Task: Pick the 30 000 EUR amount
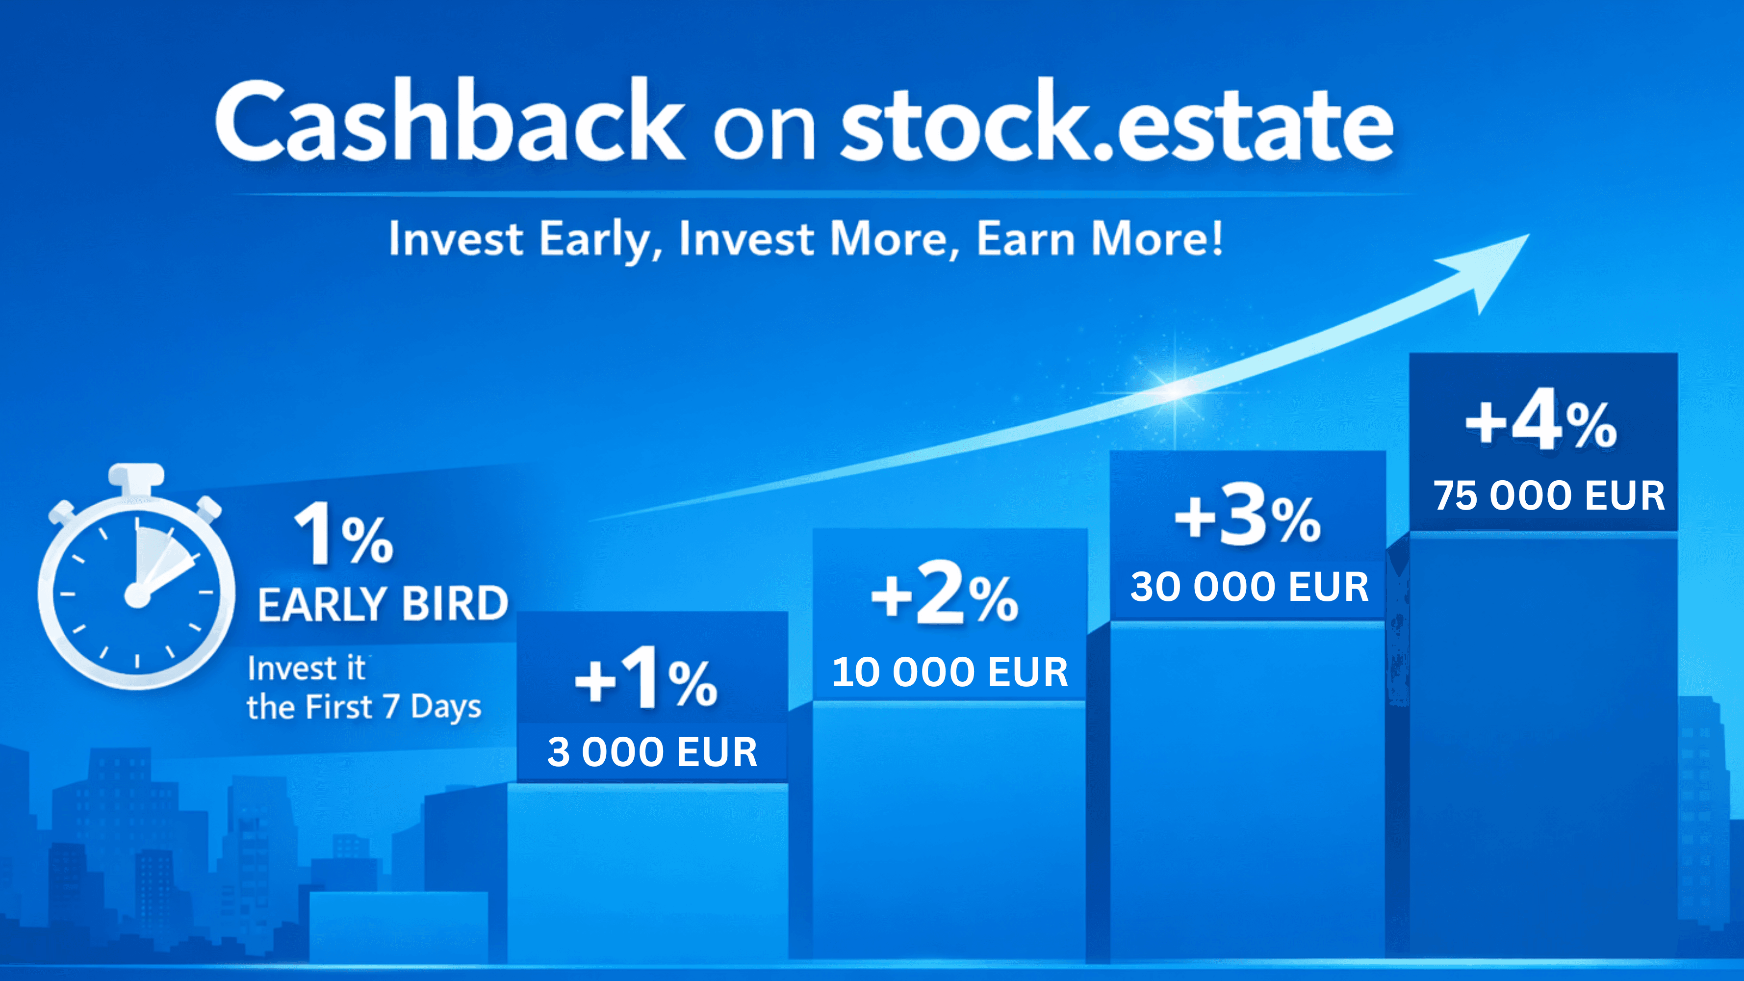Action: [x=1250, y=587]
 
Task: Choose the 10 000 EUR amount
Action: [x=950, y=672]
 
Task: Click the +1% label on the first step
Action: [x=646, y=679]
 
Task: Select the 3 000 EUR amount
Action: [x=652, y=752]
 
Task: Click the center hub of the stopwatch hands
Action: [x=137, y=596]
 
